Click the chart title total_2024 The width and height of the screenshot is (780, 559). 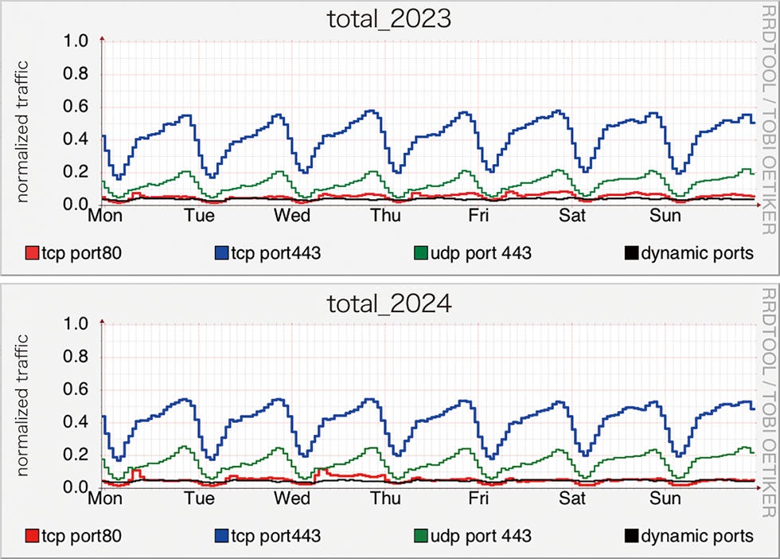pos(390,303)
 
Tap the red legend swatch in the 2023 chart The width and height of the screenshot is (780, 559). pos(33,254)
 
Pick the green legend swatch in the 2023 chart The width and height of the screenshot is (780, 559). pos(422,254)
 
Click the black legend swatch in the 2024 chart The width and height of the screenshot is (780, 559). pos(630,536)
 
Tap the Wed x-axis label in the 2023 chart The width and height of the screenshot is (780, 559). pos(293,217)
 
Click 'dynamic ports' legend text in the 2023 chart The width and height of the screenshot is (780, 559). pos(697,254)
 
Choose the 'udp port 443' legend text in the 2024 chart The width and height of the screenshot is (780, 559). pos(482,536)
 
